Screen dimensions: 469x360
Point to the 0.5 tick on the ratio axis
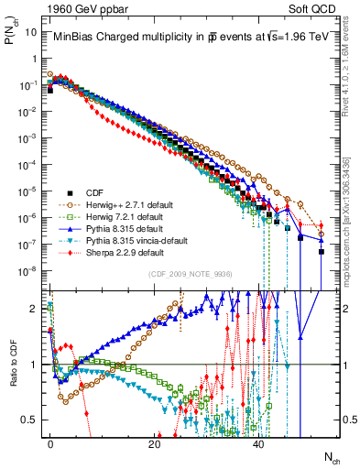coord(37,419)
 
